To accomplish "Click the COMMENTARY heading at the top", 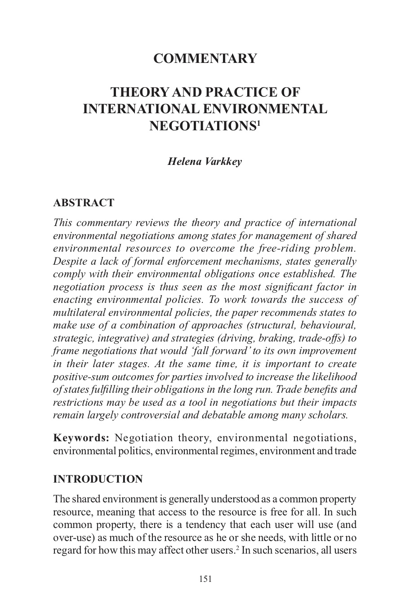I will click(205, 58).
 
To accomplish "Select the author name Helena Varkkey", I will click(205, 161).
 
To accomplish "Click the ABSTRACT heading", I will click(84, 203).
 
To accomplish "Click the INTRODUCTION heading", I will click(98, 479).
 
